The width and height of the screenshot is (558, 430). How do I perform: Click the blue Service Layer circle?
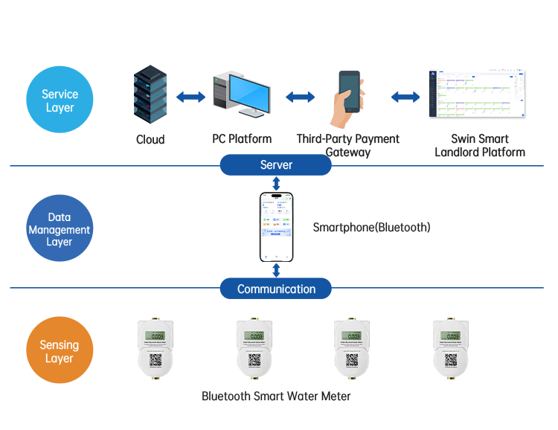click(x=60, y=101)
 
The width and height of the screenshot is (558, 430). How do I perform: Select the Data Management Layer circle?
click(x=60, y=229)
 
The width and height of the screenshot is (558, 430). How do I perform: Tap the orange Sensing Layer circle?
click(x=60, y=352)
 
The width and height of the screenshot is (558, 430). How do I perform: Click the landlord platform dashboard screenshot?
click(x=477, y=94)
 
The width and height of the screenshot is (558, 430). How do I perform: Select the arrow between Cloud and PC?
click(x=190, y=97)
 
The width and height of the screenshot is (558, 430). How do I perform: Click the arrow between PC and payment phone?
click(x=300, y=97)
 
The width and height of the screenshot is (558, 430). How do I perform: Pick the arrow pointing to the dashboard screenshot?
click(x=405, y=97)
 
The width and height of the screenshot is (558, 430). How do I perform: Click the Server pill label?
click(x=276, y=164)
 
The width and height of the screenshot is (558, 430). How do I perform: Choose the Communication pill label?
click(x=276, y=289)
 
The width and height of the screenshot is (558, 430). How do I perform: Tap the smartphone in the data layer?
click(x=276, y=227)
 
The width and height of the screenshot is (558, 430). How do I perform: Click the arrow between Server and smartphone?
click(x=276, y=183)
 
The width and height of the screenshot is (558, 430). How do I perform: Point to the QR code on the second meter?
click(x=254, y=361)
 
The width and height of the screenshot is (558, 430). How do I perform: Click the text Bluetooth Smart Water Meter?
click(x=276, y=396)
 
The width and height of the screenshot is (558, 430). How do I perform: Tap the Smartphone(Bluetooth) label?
click(x=371, y=227)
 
